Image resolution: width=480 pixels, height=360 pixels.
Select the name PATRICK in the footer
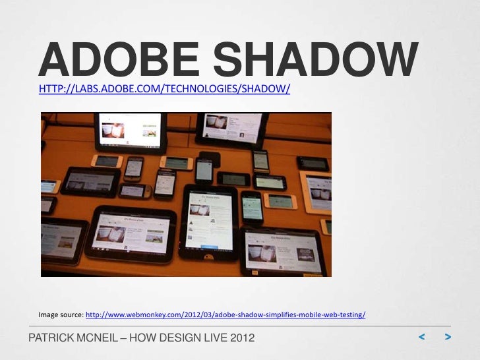(51, 339)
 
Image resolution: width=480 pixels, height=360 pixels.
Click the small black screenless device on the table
(210, 158)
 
